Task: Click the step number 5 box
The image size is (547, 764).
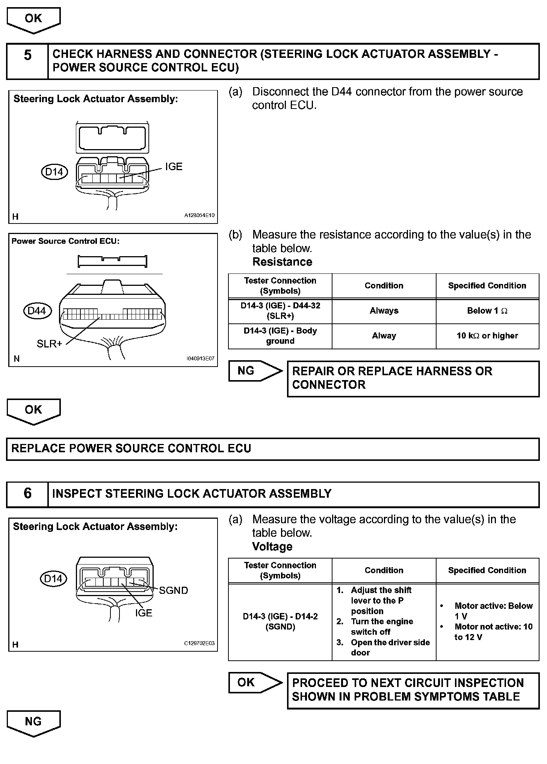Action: pyautogui.click(x=27, y=61)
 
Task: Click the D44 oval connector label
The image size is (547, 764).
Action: pyautogui.click(x=37, y=311)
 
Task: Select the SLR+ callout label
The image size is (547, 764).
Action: pyautogui.click(x=49, y=343)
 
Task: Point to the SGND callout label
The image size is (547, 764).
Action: pyautogui.click(x=173, y=590)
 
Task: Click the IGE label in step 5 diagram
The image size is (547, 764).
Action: pyautogui.click(x=174, y=166)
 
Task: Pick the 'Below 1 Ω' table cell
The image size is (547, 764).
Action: pyautogui.click(x=487, y=311)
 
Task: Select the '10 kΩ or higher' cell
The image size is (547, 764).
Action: pyautogui.click(x=487, y=336)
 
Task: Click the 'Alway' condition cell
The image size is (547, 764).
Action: pyautogui.click(x=384, y=336)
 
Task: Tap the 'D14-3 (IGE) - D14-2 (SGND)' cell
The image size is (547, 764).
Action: pyautogui.click(x=280, y=622)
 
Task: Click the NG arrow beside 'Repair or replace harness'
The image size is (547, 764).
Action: pyautogui.click(x=255, y=371)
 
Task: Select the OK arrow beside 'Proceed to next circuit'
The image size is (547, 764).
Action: pyautogui.click(x=255, y=682)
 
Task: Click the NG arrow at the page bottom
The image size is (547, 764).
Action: pyautogui.click(x=33, y=722)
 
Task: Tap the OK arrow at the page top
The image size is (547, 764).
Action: pyautogui.click(x=33, y=20)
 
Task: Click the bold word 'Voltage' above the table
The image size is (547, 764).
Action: pyautogui.click(x=272, y=547)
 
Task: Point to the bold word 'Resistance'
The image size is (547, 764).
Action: pyautogui.click(x=282, y=262)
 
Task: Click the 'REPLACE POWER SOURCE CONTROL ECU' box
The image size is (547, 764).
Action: pyautogui.click(x=273, y=448)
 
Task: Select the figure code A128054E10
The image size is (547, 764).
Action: pyautogui.click(x=199, y=216)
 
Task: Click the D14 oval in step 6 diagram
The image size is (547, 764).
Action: pyautogui.click(x=53, y=578)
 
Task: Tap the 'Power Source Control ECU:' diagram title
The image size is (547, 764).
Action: pyautogui.click(x=65, y=241)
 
